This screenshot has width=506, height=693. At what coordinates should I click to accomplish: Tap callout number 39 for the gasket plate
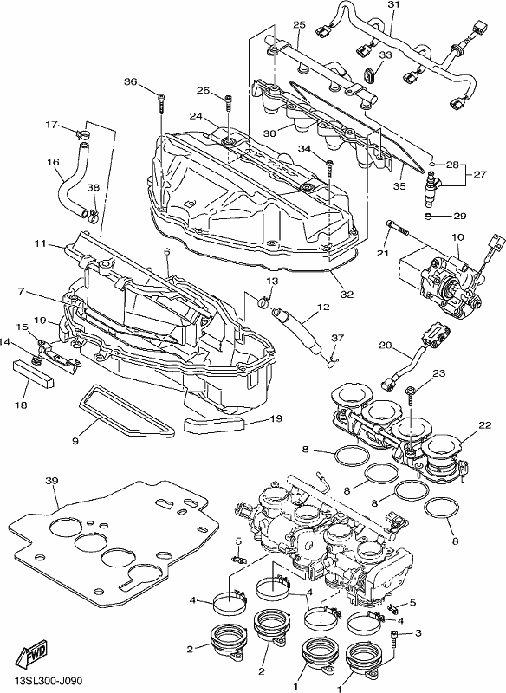click(x=52, y=481)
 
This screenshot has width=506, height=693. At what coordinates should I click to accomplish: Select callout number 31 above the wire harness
click(x=393, y=5)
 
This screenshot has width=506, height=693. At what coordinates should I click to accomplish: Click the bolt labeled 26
click(x=228, y=102)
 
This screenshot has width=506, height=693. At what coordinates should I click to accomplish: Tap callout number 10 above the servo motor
click(x=457, y=237)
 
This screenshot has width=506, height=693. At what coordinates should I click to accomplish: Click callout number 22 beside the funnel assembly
click(x=485, y=425)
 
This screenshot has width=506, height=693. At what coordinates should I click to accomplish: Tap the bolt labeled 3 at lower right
click(x=395, y=639)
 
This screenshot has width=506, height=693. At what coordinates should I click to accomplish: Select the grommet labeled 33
click(x=369, y=74)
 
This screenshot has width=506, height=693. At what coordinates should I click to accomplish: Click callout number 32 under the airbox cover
click(x=347, y=294)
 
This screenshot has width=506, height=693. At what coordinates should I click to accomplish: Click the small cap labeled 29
click(x=428, y=217)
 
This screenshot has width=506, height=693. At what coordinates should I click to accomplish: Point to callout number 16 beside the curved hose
click(x=53, y=163)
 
